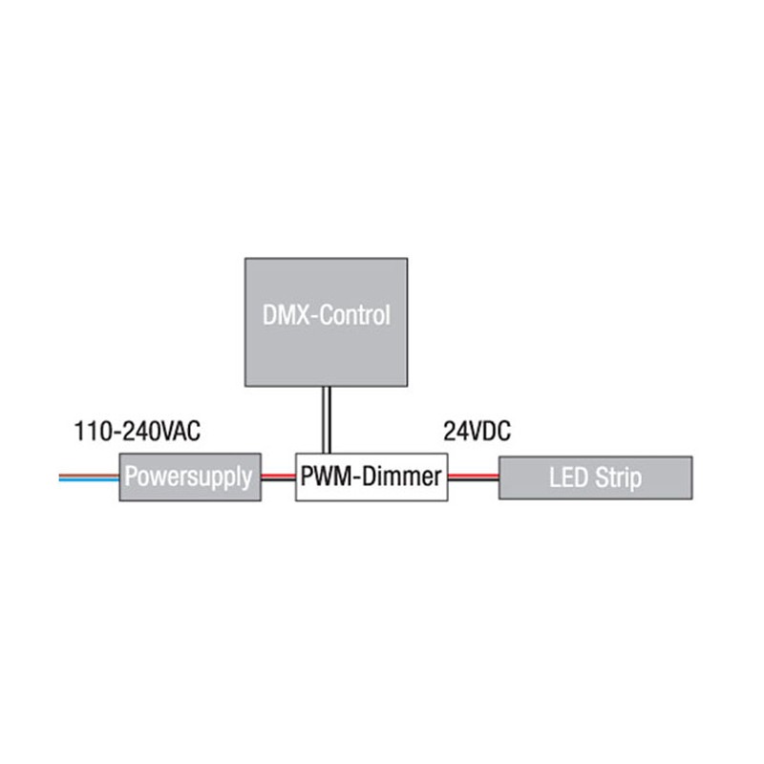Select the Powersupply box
click(x=190, y=477)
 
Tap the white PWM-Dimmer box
click(x=371, y=477)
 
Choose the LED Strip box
click(x=595, y=477)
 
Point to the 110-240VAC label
click(x=137, y=432)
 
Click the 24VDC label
click(x=477, y=432)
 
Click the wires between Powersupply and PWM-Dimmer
click(x=278, y=476)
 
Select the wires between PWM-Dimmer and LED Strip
click(x=474, y=476)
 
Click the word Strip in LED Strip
click(x=618, y=477)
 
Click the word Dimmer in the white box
click(x=398, y=477)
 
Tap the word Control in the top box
click(x=354, y=316)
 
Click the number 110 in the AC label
click(x=90, y=432)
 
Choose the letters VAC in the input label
click(x=180, y=432)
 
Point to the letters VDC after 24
click(x=489, y=432)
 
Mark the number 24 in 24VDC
click(x=454, y=432)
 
